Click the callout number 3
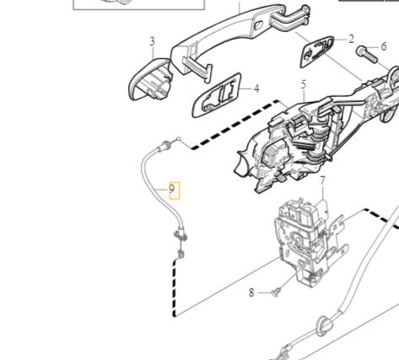pos(152,41)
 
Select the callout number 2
pos(351,39)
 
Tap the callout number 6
pos(384,46)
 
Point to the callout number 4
pos(256,89)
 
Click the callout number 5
pos(303,84)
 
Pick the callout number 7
pos(322,181)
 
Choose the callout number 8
pos(251,293)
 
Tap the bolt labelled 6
pos(367,55)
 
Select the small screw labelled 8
pos(276,293)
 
